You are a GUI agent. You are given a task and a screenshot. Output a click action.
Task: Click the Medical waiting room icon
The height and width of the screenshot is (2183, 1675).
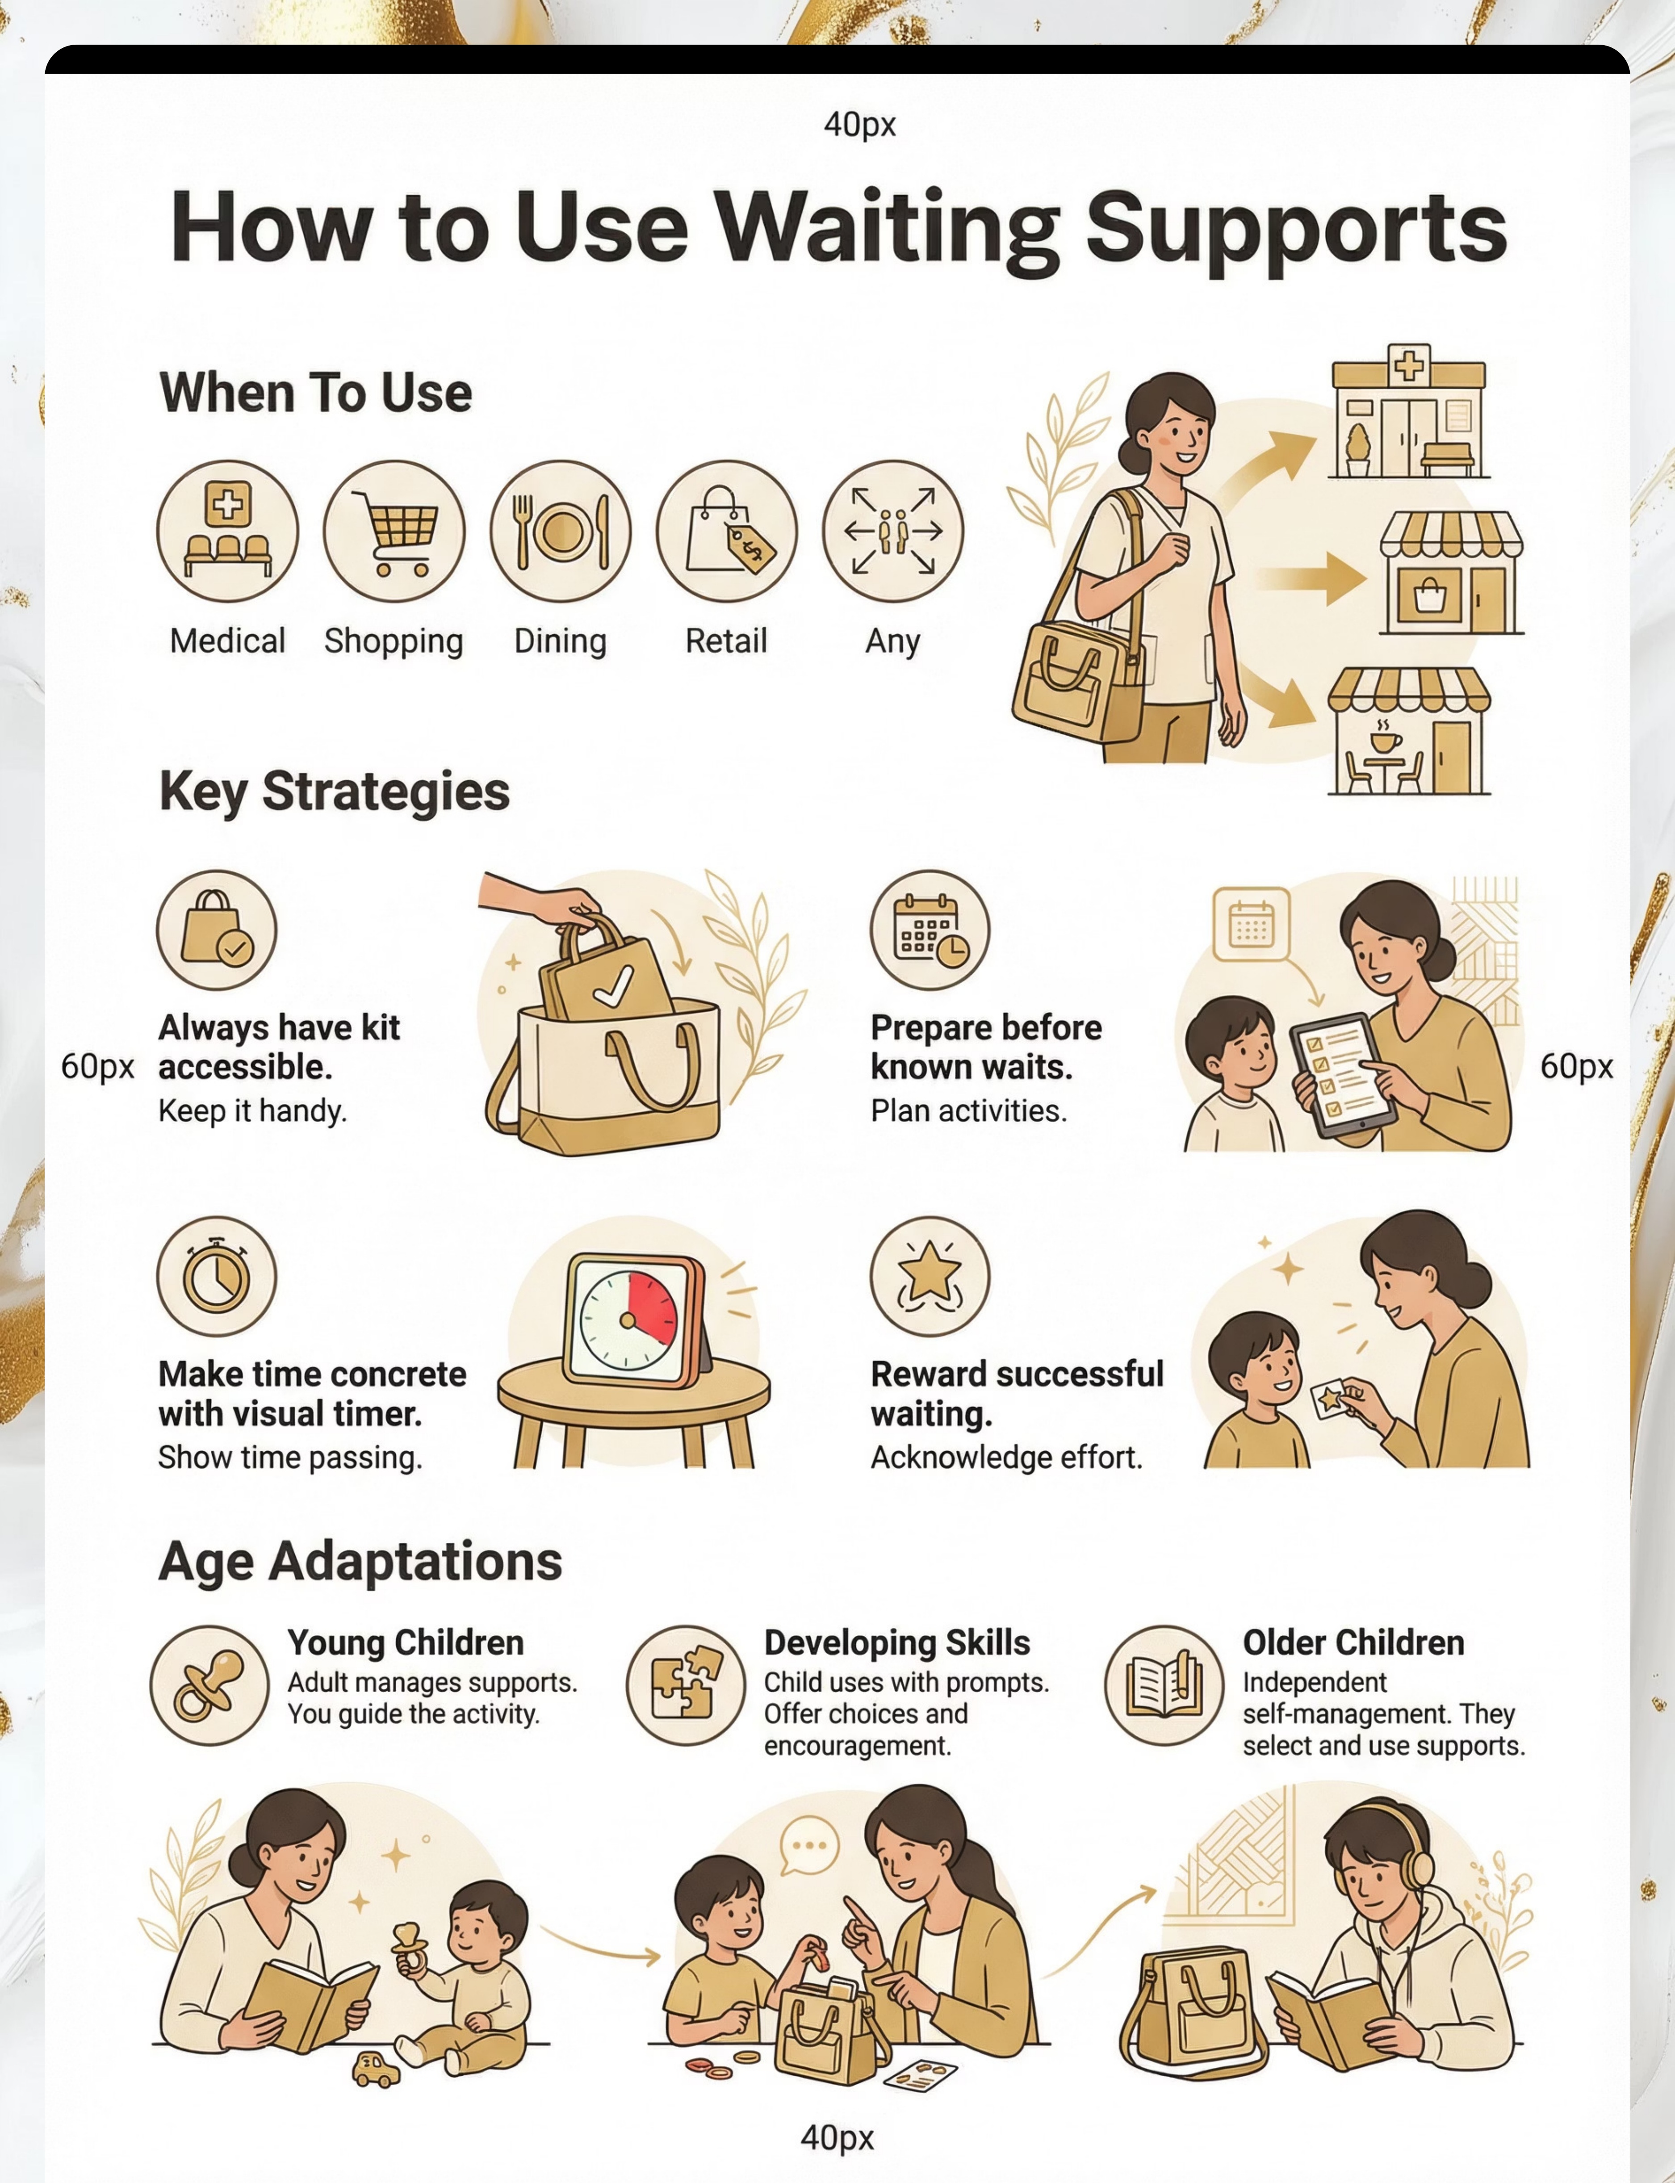point(227,530)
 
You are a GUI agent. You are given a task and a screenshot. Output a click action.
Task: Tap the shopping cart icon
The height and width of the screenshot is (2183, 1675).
point(394,530)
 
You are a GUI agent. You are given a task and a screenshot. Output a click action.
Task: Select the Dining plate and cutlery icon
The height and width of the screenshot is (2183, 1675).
point(560,530)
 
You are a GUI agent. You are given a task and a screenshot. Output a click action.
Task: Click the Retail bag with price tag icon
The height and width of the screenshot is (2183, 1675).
point(727,530)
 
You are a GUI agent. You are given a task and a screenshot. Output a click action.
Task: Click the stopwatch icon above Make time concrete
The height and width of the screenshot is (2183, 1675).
point(216,1276)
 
